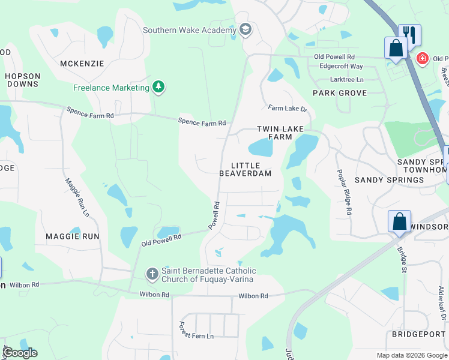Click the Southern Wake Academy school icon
(245, 30)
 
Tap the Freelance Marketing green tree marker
(158, 88)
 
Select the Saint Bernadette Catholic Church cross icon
(152, 274)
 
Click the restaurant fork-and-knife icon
(409, 34)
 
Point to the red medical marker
(423, 59)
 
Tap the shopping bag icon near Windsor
(399, 221)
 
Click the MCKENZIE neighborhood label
(82, 63)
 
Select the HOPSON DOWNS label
(23, 80)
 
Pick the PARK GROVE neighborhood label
(340, 93)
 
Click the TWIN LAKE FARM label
(280, 133)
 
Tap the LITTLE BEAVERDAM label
(245, 169)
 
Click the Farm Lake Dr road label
(288, 109)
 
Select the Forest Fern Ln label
(196, 329)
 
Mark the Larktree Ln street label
(347, 79)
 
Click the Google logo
(19, 353)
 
